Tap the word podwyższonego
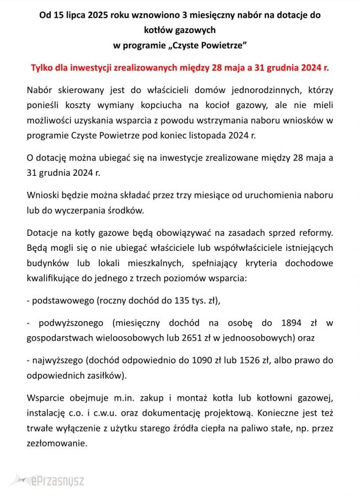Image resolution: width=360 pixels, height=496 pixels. click(x=72, y=321)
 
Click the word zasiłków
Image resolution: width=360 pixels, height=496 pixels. click(x=106, y=376)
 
